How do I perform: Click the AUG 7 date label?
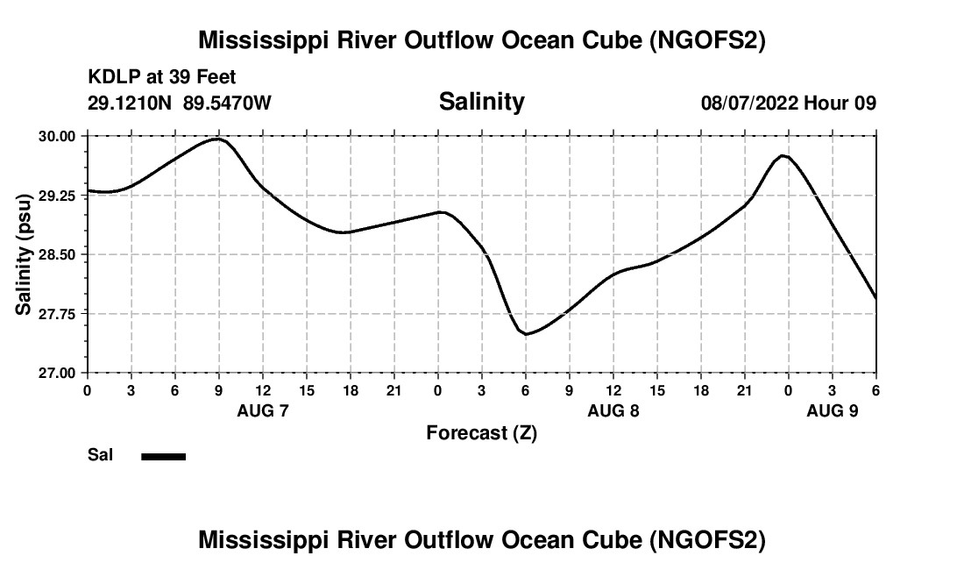click(x=263, y=410)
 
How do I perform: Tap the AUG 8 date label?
click(x=613, y=410)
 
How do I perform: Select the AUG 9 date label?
click(x=833, y=410)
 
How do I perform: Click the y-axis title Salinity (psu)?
click(x=25, y=254)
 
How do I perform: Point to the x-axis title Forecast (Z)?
click(x=481, y=432)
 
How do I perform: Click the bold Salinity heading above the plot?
click(x=481, y=102)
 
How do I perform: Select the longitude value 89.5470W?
click(x=227, y=103)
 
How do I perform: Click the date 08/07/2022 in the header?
click(x=748, y=103)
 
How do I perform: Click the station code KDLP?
click(x=109, y=78)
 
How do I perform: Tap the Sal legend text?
click(x=100, y=455)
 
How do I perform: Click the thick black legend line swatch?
click(x=163, y=456)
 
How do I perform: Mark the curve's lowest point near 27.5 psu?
click(x=526, y=334)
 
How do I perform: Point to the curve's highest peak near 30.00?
click(x=218, y=139)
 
